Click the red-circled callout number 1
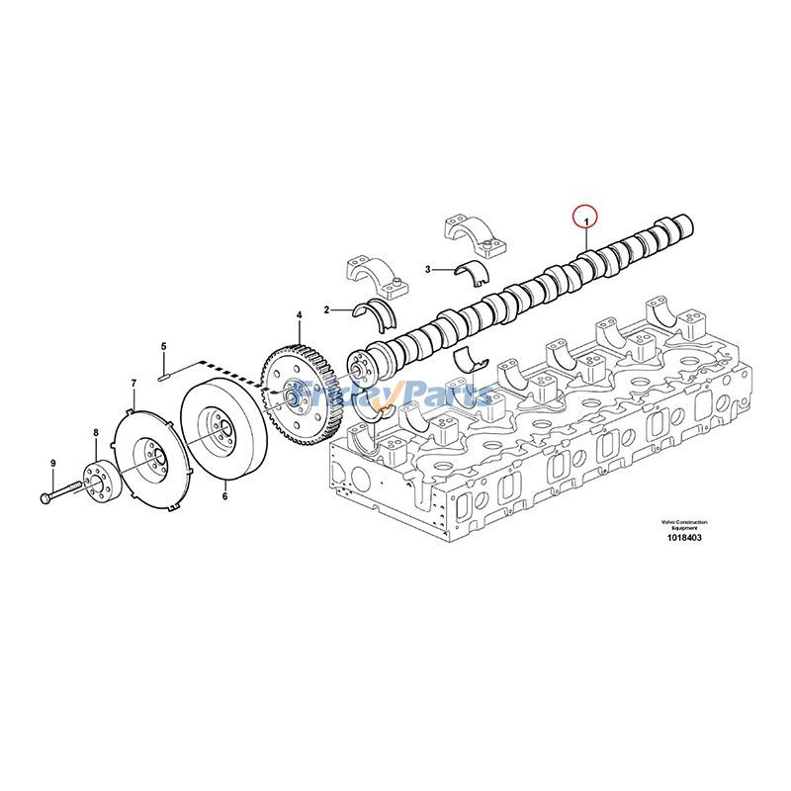(x=586, y=221)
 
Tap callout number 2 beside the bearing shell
(x=326, y=309)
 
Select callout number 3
(x=428, y=269)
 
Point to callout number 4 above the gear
(x=300, y=315)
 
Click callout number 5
(x=163, y=346)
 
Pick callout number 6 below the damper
(x=225, y=496)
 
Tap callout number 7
(x=133, y=384)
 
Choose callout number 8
(x=95, y=432)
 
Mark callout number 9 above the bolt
(x=53, y=463)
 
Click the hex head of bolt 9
(x=44, y=499)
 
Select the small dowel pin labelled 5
(x=163, y=377)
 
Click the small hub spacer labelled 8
(x=100, y=481)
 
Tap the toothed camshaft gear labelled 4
(x=302, y=395)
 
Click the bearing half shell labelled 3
(x=473, y=274)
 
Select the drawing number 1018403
(x=684, y=538)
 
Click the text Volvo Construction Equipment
(x=684, y=525)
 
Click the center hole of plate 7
(x=155, y=458)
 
